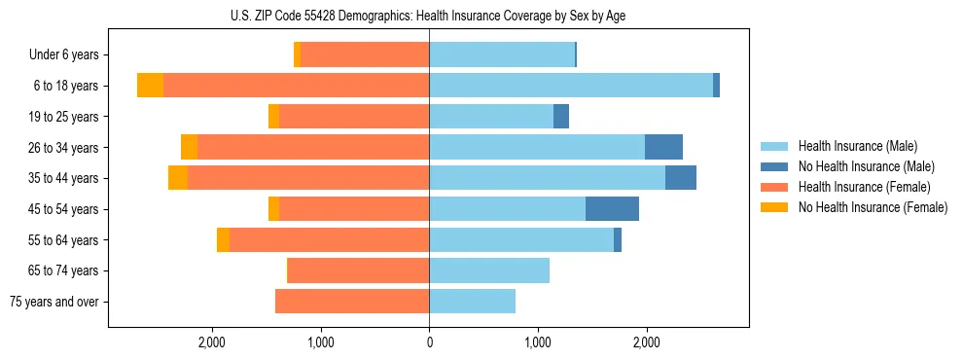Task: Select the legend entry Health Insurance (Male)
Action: [x=857, y=146]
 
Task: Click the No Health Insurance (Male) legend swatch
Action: [x=774, y=166]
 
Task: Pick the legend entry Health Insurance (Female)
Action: [x=862, y=187]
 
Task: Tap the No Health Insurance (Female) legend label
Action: [x=873, y=207]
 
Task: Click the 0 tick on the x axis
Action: [x=429, y=342]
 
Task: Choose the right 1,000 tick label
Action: [x=538, y=342]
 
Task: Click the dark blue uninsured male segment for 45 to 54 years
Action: [x=612, y=209]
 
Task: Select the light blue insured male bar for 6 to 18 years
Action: [x=570, y=86]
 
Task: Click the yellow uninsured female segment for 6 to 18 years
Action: [x=150, y=86]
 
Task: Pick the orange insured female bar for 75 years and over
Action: [x=352, y=302]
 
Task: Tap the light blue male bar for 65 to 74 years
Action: [x=489, y=270]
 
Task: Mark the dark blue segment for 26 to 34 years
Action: [x=663, y=147]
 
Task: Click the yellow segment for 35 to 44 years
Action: [x=178, y=178]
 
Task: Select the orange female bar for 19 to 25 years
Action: [x=354, y=117]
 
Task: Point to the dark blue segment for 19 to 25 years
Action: [x=561, y=117]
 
